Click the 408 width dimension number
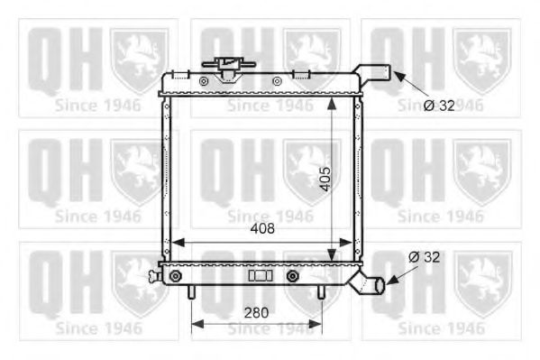coord(262,229)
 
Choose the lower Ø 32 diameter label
coord(425,257)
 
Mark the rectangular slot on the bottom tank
coord(260,275)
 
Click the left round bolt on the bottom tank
coord(175,275)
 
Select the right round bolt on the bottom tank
coord(293,275)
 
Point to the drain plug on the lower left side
coord(157,275)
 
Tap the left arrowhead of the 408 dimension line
coord(176,242)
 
